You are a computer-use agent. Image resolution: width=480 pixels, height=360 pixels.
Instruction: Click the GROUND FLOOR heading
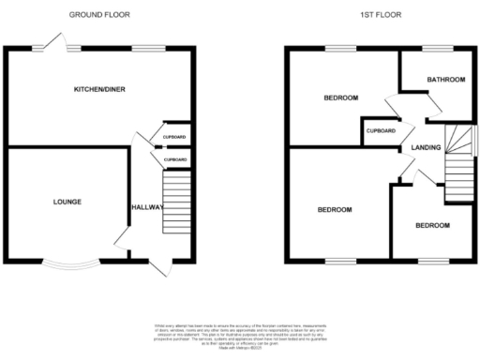coord(99,15)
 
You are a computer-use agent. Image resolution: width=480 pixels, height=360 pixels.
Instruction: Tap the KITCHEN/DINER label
coord(99,90)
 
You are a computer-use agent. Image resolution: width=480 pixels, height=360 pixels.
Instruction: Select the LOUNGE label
coord(67,202)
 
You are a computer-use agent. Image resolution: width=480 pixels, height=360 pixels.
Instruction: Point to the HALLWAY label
coord(147,208)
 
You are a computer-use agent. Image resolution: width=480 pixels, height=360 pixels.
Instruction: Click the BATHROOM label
coord(446,81)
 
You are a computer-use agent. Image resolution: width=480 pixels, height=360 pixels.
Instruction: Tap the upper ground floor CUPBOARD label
coord(174,138)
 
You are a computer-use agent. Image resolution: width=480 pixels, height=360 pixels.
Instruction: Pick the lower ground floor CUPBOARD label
coord(174,160)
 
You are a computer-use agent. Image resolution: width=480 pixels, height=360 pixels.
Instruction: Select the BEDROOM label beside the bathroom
coord(341,97)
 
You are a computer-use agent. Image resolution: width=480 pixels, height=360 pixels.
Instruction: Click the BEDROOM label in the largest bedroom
coord(335,209)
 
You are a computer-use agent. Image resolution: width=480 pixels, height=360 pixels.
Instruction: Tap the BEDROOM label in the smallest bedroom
coord(432,226)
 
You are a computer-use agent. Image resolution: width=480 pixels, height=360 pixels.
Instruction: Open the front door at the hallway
coord(160,268)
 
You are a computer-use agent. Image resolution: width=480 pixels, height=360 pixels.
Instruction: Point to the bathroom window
coord(436,48)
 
